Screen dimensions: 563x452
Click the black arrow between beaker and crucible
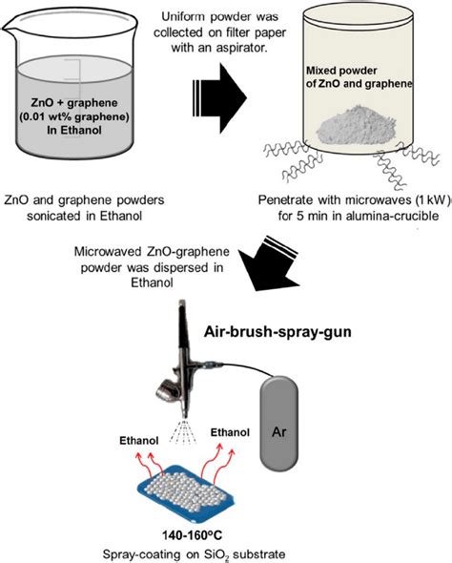[x=212, y=95]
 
